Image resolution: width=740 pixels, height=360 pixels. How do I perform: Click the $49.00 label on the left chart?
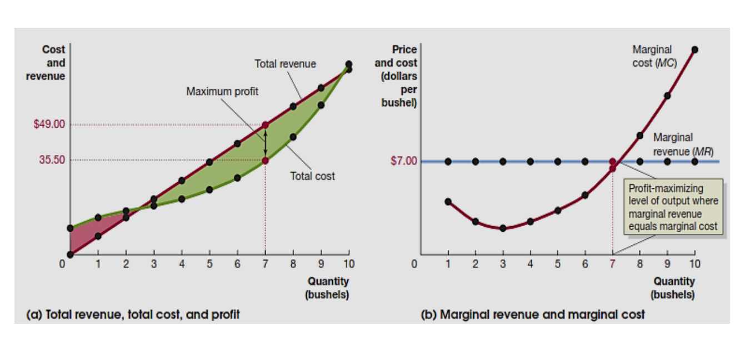pos(49,124)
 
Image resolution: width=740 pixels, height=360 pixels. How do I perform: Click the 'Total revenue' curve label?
pos(285,64)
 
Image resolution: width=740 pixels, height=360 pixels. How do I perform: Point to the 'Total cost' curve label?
pos(312,176)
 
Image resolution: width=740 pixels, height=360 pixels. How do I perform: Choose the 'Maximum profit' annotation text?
pos(222,91)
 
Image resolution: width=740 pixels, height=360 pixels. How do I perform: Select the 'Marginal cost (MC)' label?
pos(654,56)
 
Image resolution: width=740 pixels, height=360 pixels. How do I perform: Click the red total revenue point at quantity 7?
pos(265,125)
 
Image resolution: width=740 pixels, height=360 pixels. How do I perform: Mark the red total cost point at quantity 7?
pos(265,161)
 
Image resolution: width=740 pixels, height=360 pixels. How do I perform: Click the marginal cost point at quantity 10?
pos(694,49)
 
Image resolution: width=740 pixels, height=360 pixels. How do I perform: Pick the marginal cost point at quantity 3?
pos(503,228)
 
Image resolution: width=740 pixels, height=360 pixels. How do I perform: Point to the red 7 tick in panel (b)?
pos(612,263)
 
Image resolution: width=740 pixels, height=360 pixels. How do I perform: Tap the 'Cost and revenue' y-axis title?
pos(47,63)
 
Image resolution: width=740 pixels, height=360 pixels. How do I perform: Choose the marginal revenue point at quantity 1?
pos(448,161)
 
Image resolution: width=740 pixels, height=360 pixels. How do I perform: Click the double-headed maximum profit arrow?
pos(265,143)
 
